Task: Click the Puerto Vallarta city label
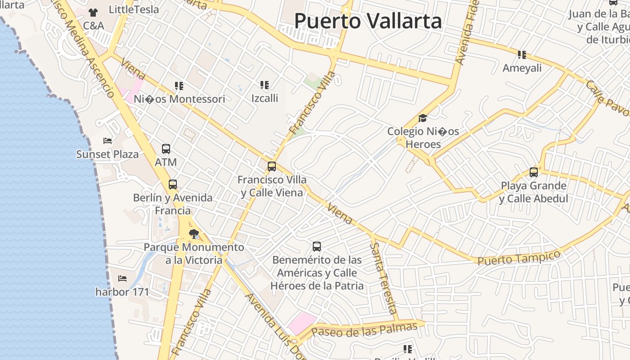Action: (x=368, y=21)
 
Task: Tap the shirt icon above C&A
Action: (x=93, y=13)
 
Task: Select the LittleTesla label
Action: (x=134, y=9)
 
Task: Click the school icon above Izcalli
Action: (x=265, y=85)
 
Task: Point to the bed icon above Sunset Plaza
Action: (x=108, y=141)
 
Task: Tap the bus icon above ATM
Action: (x=166, y=149)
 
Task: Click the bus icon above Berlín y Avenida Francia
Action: (x=173, y=184)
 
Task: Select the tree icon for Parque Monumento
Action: (x=194, y=234)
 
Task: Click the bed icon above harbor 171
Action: (x=122, y=279)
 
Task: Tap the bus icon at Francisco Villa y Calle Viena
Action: (x=272, y=166)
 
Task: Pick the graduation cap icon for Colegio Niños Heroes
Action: (x=423, y=118)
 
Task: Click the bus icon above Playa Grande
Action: (x=534, y=172)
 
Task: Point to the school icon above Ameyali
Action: (x=522, y=55)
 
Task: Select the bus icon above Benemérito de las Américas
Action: (x=317, y=247)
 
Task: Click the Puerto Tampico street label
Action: (x=519, y=258)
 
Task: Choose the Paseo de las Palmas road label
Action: (x=364, y=330)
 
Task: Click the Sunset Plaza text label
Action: (x=108, y=154)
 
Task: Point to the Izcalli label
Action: (x=265, y=98)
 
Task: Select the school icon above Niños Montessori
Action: (x=179, y=85)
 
